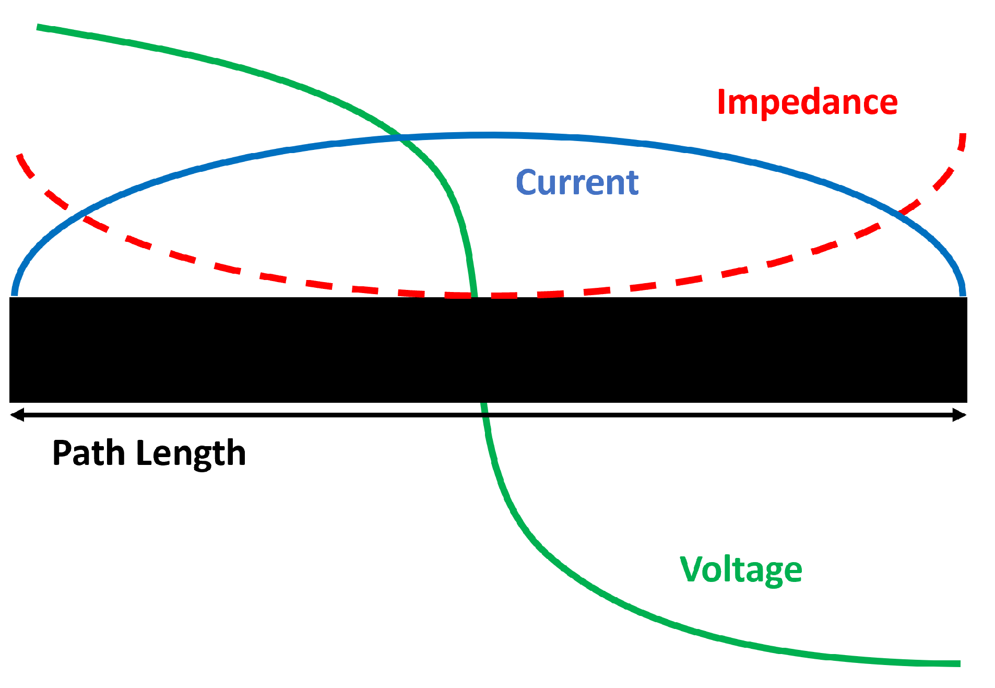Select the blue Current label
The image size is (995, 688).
(577, 182)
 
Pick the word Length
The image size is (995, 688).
(191, 453)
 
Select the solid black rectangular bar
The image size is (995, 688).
(488, 349)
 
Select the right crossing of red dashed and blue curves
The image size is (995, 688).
(899, 213)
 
